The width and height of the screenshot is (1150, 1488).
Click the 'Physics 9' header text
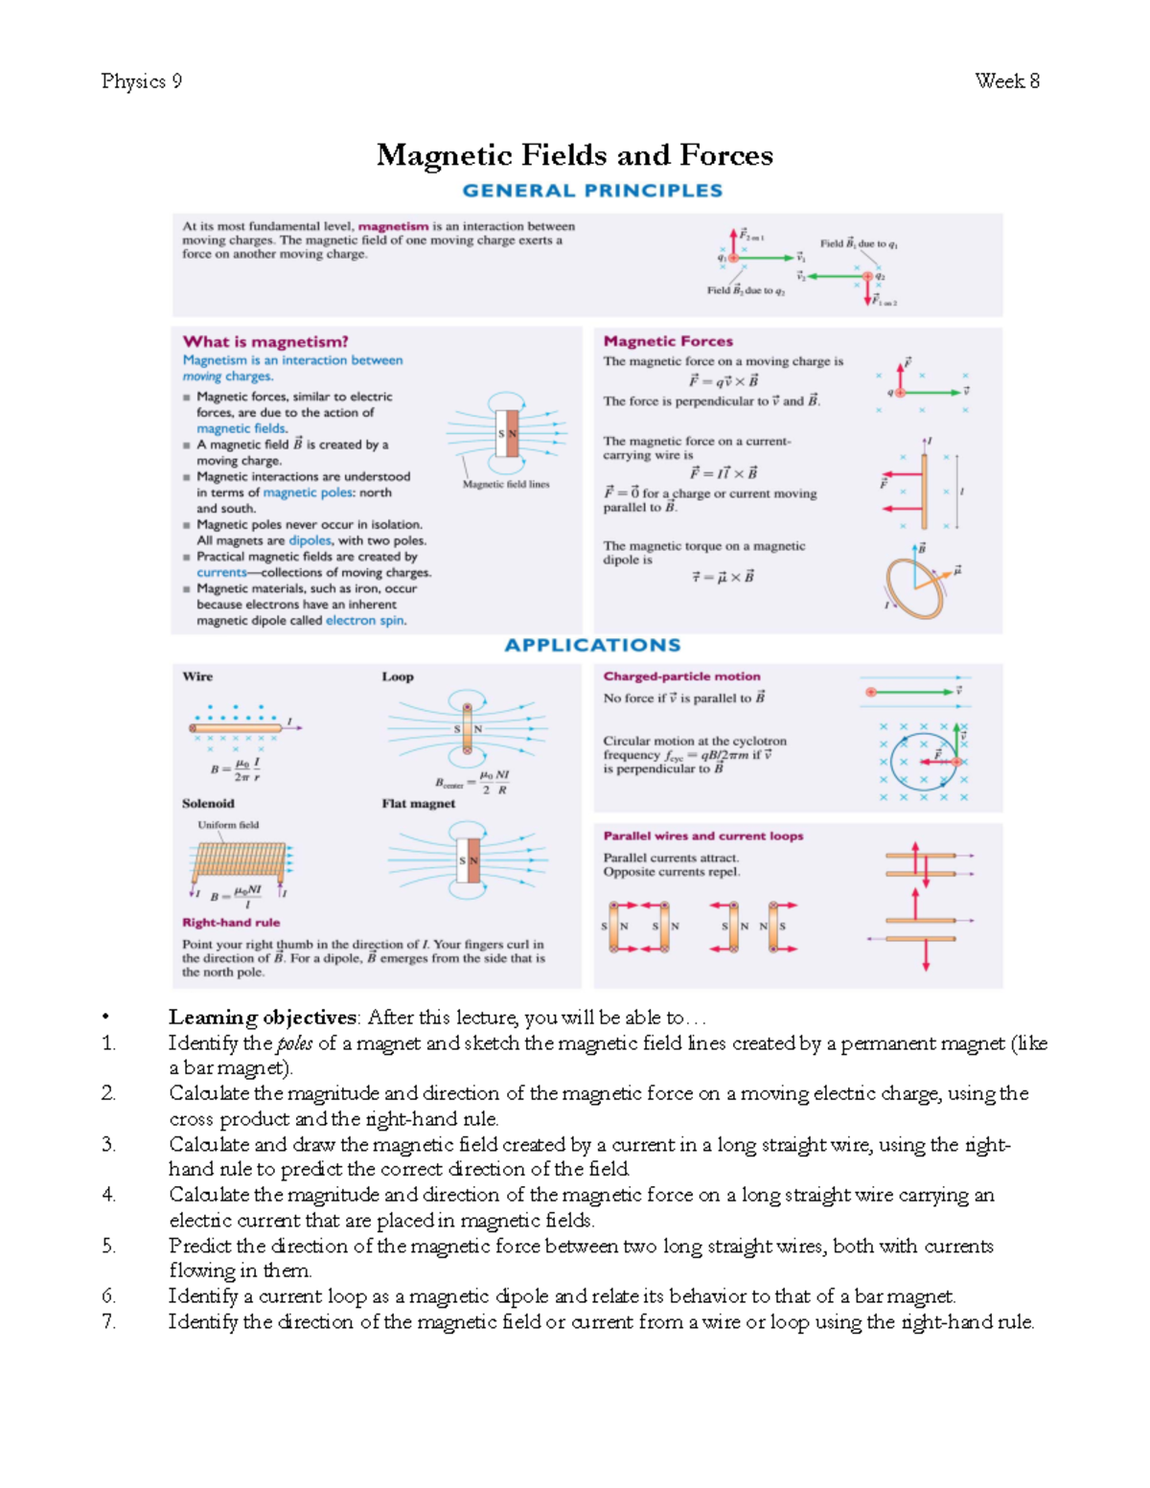tap(141, 81)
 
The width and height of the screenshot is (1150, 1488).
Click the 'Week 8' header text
tap(1007, 81)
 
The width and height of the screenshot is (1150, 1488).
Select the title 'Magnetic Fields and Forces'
tap(574, 155)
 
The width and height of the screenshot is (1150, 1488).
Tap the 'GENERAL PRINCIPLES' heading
tap(592, 191)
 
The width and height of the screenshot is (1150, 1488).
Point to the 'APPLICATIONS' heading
tap(592, 645)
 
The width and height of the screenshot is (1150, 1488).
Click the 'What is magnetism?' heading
tap(265, 341)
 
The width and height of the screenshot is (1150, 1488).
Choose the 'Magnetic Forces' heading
tap(668, 341)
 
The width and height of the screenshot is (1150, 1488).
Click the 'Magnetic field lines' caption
tap(506, 485)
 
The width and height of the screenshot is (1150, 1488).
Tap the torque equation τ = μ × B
tap(723, 577)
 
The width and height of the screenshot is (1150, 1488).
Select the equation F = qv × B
tap(724, 381)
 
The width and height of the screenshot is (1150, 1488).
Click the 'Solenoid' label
tap(208, 804)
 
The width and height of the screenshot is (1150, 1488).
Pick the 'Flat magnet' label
tap(418, 804)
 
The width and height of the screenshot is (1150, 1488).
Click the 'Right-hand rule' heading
tap(231, 923)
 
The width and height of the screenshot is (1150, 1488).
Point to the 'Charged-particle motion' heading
tap(681, 676)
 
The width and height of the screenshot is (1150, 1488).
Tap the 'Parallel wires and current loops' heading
tap(702, 836)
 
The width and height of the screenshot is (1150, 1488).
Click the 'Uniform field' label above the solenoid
tap(228, 825)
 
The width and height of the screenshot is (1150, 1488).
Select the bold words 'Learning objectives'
tap(263, 1018)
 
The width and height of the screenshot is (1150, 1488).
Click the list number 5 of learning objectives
tap(108, 1246)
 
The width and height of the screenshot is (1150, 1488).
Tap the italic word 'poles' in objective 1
tap(295, 1043)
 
